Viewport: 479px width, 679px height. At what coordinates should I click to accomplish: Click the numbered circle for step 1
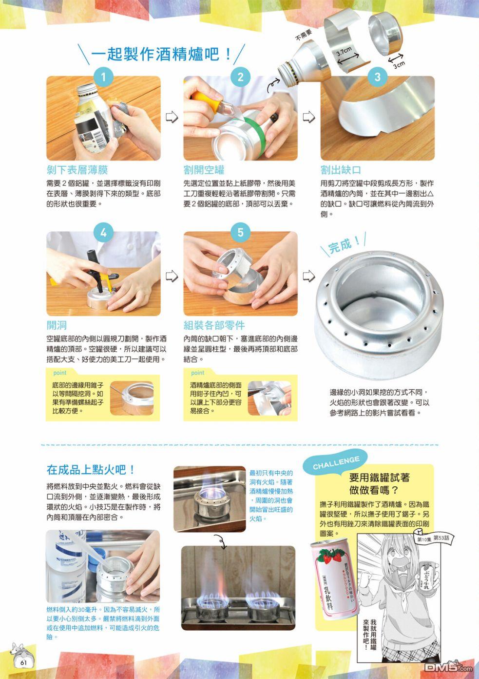(103, 77)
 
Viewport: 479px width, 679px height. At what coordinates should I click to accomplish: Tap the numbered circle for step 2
(240, 77)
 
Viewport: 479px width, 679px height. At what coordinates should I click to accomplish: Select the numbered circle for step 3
(377, 77)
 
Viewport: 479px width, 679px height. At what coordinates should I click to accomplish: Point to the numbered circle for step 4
(103, 233)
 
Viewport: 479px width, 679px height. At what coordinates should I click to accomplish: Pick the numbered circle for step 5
(240, 233)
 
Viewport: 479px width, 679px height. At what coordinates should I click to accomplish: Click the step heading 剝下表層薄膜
(77, 170)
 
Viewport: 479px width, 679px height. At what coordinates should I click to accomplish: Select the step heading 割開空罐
(204, 170)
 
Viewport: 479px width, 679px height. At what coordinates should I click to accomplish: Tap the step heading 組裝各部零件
(214, 325)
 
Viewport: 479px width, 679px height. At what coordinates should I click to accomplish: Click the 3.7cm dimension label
(344, 52)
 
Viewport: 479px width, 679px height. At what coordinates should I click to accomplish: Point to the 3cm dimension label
(400, 65)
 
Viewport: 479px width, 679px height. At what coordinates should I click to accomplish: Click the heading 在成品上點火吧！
(91, 470)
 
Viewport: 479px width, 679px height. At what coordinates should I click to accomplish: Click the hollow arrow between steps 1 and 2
(172, 117)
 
